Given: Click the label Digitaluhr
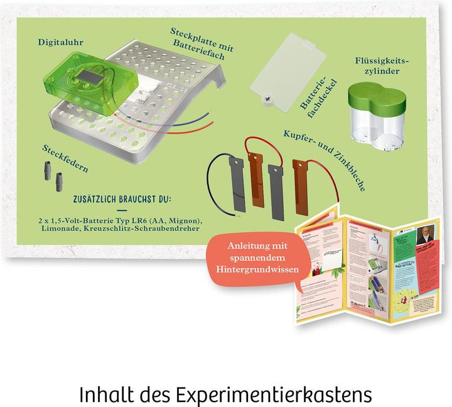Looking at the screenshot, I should point(62,43).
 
